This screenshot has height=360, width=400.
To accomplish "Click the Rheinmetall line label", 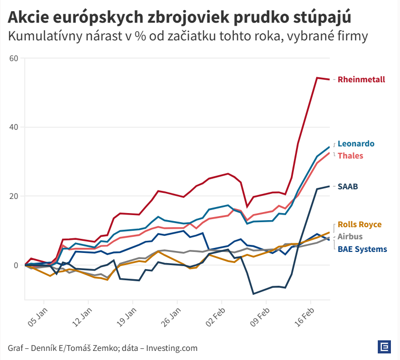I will point(361,79).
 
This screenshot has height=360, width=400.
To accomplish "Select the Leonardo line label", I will point(356,143).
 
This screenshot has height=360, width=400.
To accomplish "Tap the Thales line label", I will point(350,156).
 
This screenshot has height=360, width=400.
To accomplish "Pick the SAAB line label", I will point(347,186).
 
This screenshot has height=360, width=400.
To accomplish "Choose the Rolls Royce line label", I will point(360,225).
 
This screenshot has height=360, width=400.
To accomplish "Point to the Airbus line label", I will point(350,236).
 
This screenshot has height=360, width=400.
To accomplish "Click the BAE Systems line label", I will point(362,248).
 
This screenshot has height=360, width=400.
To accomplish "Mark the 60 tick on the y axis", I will point(14,58).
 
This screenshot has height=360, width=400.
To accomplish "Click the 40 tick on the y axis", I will point(14,127).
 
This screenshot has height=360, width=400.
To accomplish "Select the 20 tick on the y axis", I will point(14,196).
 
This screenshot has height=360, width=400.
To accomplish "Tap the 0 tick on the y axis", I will point(16,265).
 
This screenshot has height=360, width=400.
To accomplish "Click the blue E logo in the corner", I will point(385,347).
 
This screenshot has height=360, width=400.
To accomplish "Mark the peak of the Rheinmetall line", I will point(317,78).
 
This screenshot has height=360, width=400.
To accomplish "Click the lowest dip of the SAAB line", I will point(254,293).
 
